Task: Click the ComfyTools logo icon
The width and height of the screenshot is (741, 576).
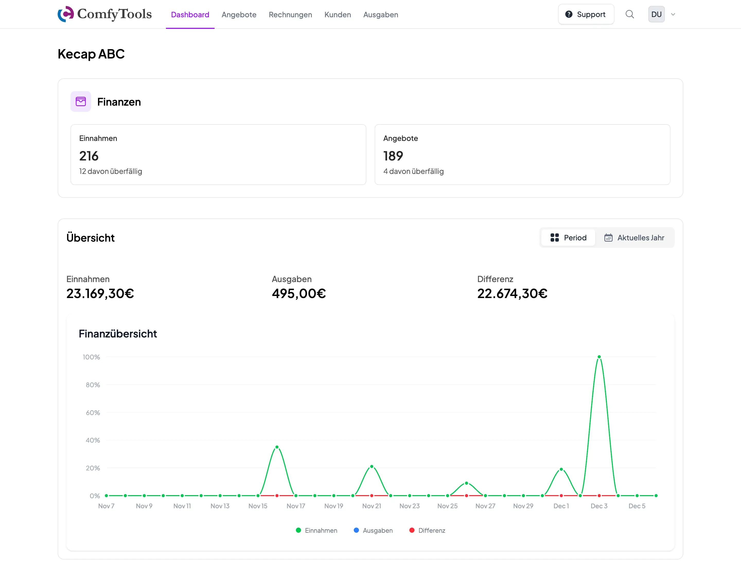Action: point(66,14)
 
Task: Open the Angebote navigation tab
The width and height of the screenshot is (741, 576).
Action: point(239,15)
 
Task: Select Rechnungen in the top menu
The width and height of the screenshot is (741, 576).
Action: point(290,15)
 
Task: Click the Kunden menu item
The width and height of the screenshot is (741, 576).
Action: point(337,15)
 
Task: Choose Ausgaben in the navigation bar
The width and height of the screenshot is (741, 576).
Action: point(380,15)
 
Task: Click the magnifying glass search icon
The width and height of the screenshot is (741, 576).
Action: point(629,14)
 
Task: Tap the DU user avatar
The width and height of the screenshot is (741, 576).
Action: point(656,14)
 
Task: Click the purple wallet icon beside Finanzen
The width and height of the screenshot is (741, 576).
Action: point(81,101)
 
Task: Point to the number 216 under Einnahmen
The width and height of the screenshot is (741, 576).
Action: point(89,156)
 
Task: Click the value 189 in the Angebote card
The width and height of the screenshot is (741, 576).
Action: point(393,156)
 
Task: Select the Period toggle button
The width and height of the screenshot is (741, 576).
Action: point(568,238)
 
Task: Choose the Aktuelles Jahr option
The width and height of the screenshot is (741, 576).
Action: point(634,238)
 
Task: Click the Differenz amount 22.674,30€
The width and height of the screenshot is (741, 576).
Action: point(512,293)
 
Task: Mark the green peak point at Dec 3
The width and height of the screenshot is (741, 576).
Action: point(599,357)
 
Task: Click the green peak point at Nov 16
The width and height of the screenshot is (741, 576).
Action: point(277,447)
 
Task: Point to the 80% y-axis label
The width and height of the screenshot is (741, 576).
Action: point(93,385)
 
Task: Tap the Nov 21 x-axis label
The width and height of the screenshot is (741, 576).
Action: point(372,506)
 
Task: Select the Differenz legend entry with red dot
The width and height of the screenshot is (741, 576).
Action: point(428,530)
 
